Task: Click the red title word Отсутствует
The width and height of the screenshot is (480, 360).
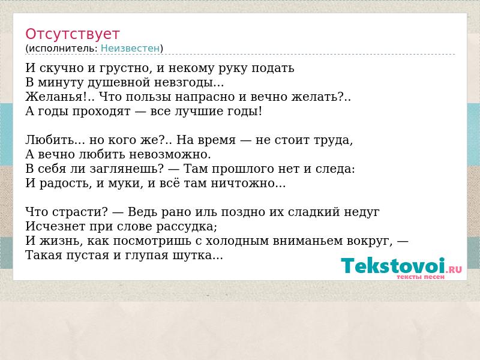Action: coord(72,34)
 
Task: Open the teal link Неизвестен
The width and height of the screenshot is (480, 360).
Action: coord(130,49)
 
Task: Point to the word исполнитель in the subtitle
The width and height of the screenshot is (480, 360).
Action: coord(63,49)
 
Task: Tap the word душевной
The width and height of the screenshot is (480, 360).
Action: coord(119,83)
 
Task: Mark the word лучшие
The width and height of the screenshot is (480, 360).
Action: coord(199,111)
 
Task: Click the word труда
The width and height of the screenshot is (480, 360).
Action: coord(334,140)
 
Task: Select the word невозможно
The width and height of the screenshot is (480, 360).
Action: coord(170,154)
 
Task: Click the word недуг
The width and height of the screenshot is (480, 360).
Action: coord(362,212)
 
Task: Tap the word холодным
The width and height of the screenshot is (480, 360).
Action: coord(236,241)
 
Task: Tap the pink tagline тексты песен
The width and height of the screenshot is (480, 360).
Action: coord(421,277)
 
